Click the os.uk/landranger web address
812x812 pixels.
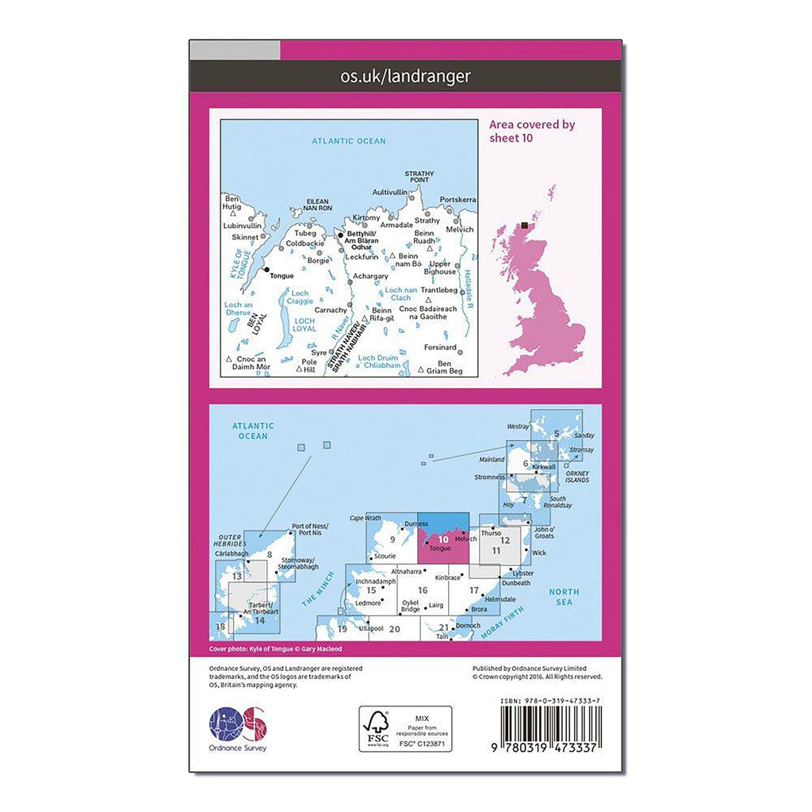click(405, 76)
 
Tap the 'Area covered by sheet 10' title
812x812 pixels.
click(532, 131)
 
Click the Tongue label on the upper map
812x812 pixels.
click(282, 276)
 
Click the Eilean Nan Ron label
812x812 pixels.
click(317, 206)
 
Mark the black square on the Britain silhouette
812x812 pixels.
click(525, 227)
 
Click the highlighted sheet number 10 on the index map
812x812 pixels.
click(442, 539)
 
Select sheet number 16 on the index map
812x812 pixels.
click(423, 589)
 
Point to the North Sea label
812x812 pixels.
click(565, 597)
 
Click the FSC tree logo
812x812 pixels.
click(377, 726)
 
